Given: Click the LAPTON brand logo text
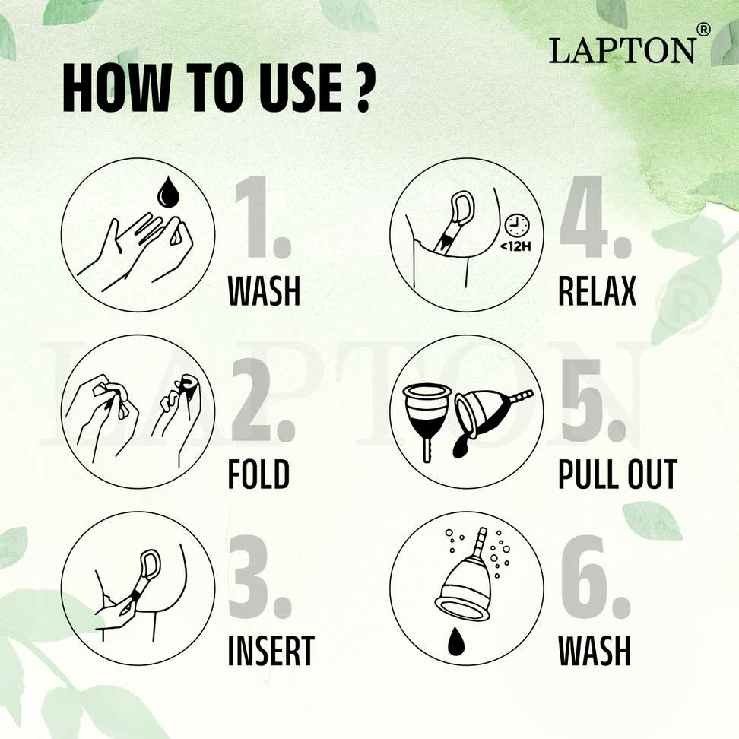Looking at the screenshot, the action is (x=622, y=50).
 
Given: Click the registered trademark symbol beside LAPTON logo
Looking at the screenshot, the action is (x=703, y=30).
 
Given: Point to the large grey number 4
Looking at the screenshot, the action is (x=595, y=217).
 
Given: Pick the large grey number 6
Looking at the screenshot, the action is (x=595, y=576).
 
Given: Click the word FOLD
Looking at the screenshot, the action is (x=258, y=474).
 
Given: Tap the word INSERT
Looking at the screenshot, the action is (x=271, y=650).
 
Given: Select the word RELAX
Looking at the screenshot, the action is (x=597, y=290).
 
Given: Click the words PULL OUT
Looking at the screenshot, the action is (x=617, y=474).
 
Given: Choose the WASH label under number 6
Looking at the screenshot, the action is (x=595, y=650).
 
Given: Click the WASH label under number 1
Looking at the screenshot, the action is (x=264, y=290).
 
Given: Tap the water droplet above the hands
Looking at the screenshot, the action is (x=166, y=192).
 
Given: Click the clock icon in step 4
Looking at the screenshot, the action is (x=517, y=226).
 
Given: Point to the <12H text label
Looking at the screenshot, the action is (x=515, y=246).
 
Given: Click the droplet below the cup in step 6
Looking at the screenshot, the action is (x=455, y=641).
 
